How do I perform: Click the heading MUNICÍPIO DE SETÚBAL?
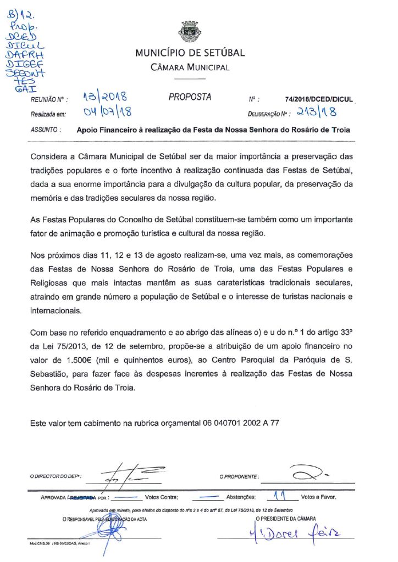190,53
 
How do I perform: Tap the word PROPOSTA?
190,97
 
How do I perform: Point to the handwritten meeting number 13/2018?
105,98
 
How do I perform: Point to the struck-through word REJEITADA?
83,498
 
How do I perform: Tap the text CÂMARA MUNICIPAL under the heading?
190,68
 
